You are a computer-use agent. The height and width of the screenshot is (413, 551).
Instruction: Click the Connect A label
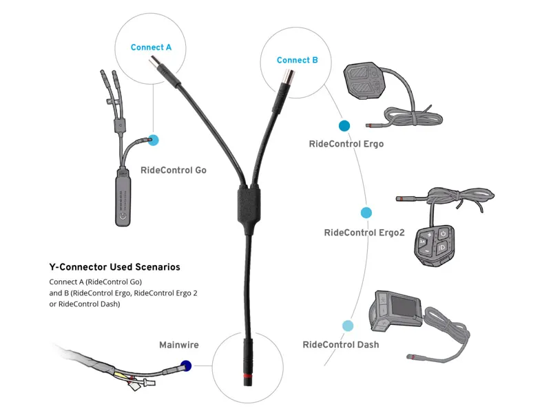click(151, 47)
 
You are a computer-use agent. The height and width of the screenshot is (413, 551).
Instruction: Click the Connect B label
click(297, 60)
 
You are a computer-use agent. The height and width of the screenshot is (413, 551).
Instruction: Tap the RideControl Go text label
click(173, 170)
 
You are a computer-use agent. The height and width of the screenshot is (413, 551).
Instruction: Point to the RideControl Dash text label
click(340, 344)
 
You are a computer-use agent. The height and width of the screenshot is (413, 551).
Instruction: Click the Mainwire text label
click(178, 344)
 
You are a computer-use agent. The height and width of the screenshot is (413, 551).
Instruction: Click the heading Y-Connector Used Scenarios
click(114, 266)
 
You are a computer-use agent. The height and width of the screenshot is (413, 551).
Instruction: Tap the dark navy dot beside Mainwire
click(185, 366)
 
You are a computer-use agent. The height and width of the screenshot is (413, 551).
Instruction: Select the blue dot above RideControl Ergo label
click(344, 126)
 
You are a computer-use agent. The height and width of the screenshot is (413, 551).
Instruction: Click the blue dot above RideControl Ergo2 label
click(366, 213)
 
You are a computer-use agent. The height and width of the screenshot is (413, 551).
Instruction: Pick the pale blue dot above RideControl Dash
click(348, 326)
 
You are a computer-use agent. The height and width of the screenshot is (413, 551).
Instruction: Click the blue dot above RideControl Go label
click(154, 140)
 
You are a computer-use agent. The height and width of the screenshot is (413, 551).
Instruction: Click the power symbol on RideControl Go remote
click(122, 214)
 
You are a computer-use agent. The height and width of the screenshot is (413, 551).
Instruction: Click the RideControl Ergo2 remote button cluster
click(432, 240)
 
